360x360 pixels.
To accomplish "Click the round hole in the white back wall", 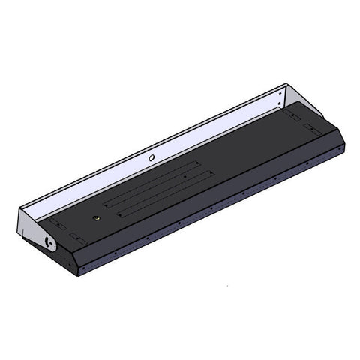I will click(x=152, y=158).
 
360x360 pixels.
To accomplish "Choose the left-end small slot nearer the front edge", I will click(x=75, y=235).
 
